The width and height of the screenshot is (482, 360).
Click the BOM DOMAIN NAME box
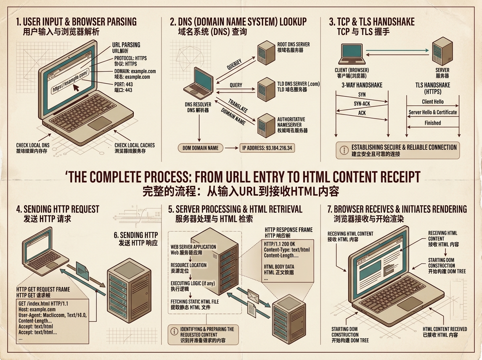[200, 148]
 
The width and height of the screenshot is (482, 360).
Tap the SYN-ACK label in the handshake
[361, 104]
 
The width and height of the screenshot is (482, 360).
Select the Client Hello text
[433, 102]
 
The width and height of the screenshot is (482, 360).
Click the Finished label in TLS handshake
[433, 123]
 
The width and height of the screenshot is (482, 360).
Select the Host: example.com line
[37, 309]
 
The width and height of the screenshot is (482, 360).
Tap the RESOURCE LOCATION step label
[189, 265]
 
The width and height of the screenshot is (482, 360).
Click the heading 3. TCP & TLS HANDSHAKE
[372, 22]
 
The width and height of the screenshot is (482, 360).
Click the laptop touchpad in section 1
[99, 123]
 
